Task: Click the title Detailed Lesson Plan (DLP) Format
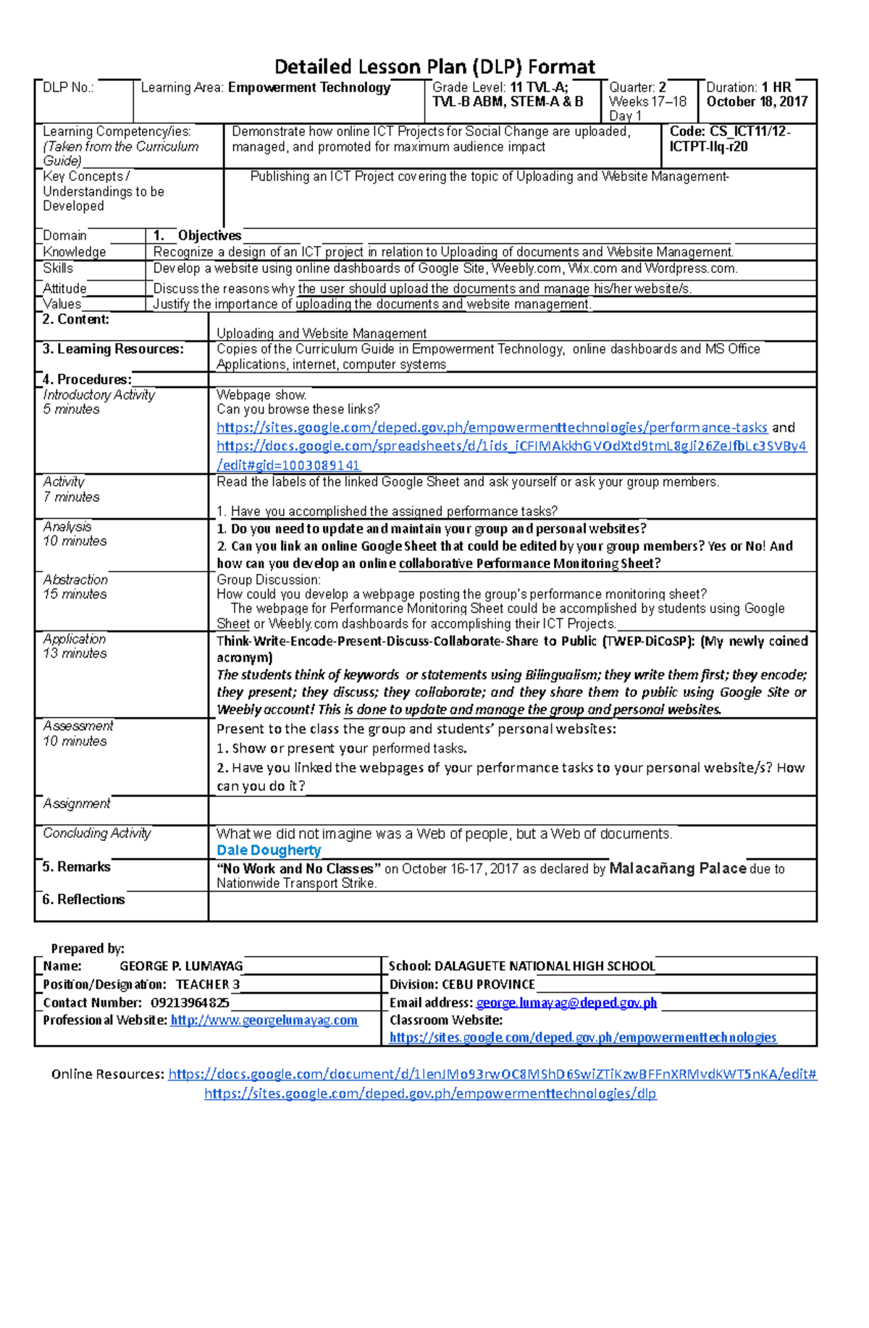pyautogui.click(x=434, y=67)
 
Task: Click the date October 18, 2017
pyautogui.click(x=757, y=102)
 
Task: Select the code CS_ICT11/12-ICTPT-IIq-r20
pyautogui.click(x=729, y=139)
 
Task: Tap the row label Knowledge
pyautogui.click(x=75, y=252)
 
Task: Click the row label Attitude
pyautogui.click(x=64, y=288)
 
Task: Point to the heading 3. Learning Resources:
pyautogui.click(x=113, y=349)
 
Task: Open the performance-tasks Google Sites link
pyautogui.click(x=492, y=428)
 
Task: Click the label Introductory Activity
pyautogui.click(x=98, y=395)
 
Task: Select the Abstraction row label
pyautogui.click(x=75, y=580)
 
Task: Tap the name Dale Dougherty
pyautogui.click(x=269, y=850)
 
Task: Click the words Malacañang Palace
pyautogui.click(x=678, y=868)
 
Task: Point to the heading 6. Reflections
pyautogui.click(x=83, y=900)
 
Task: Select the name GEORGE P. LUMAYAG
pyautogui.click(x=181, y=966)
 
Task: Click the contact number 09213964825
pyautogui.click(x=190, y=1003)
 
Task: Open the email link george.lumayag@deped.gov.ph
pyautogui.click(x=566, y=1003)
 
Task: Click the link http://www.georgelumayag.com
pyautogui.click(x=264, y=1020)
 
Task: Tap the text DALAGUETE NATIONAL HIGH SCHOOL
pyautogui.click(x=545, y=966)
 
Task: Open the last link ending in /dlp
pyautogui.click(x=430, y=1094)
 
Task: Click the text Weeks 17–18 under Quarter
pyautogui.click(x=647, y=102)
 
